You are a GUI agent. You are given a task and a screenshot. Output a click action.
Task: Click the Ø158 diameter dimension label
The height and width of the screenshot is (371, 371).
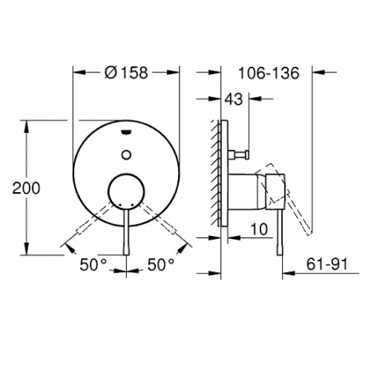coord(126,73)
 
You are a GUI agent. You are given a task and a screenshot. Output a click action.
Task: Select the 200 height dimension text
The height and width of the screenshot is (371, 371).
coord(26,188)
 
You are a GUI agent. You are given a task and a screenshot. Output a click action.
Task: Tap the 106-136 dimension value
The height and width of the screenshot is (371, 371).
coord(269,73)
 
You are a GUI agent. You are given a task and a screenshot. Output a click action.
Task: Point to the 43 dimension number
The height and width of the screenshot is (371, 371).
coord(234,99)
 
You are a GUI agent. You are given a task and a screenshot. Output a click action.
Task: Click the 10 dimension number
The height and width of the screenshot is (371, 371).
coord(259,229)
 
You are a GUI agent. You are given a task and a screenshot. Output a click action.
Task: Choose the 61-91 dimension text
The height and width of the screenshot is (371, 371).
coord(327,264)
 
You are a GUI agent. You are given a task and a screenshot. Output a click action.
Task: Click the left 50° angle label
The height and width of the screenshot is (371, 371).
coord(93,265)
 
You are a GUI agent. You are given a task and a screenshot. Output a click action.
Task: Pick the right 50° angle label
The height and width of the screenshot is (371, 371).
coord(161,265)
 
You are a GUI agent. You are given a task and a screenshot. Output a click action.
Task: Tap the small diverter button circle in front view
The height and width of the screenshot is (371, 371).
coord(126,154)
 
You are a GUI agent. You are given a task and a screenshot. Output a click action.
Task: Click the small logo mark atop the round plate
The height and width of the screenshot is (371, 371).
coord(126,133)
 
